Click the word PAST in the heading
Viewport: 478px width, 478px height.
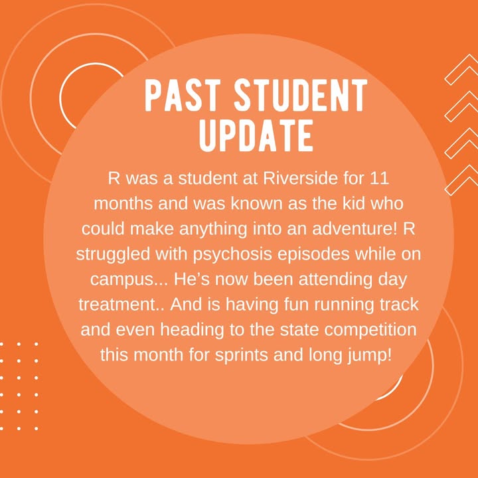(x=183, y=95)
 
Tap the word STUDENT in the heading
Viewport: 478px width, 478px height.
(x=301, y=95)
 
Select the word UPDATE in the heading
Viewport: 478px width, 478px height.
(x=256, y=135)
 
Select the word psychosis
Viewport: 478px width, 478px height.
(x=232, y=255)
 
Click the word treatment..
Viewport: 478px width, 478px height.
(x=118, y=305)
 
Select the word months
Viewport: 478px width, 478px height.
(x=123, y=204)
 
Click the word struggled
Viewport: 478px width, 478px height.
(x=113, y=255)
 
